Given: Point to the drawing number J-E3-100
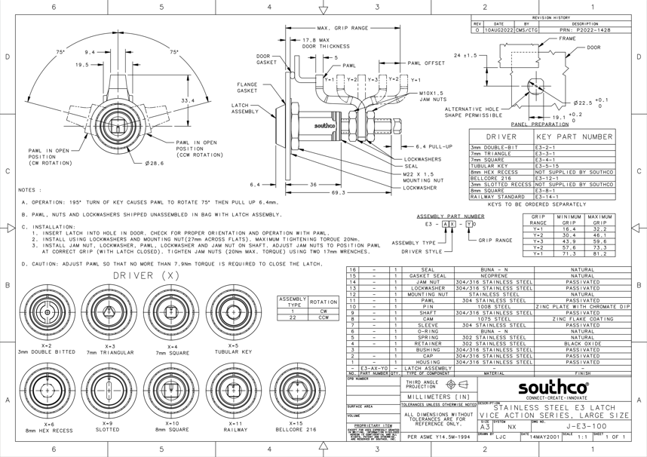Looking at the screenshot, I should pos(586,426).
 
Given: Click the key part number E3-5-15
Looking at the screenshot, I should pos(547,166).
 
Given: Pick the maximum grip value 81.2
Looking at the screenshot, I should pos(599,253).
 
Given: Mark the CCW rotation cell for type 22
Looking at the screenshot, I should pos(323,317).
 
